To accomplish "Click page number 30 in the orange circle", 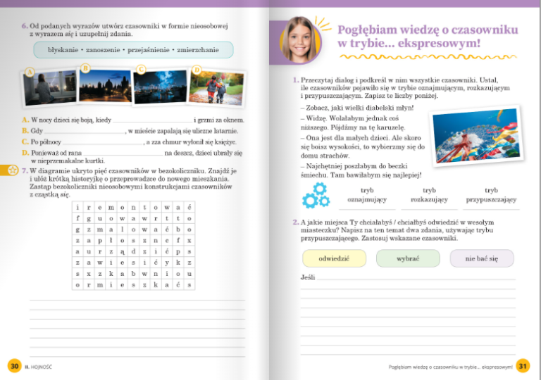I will point(14,366).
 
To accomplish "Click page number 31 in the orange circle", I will point(522,366).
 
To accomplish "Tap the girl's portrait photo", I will point(301,37).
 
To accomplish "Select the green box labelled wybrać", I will point(408,258).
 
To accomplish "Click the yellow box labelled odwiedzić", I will point(335,258).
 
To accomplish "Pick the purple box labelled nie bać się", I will point(482,258).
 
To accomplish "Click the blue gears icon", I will point(315,195).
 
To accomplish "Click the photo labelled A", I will point(49,89).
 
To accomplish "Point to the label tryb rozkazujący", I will point(429,195).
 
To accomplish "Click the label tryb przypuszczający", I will point(491,195).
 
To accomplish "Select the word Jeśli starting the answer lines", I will point(307,277).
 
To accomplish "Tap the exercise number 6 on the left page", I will point(25,26).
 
